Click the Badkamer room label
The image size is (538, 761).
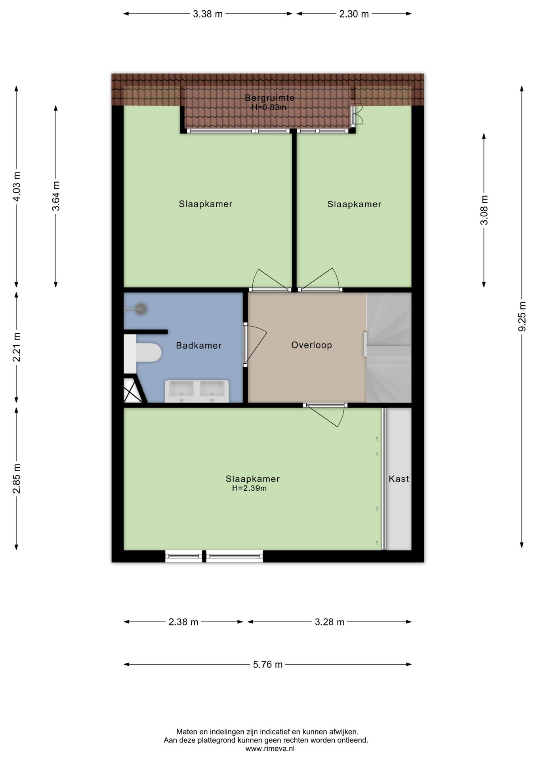click(x=198, y=346)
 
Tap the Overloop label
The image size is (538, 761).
click(x=311, y=345)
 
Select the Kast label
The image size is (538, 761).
click(x=399, y=479)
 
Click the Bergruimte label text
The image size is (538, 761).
click(x=269, y=98)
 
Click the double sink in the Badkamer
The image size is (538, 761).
click(x=197, y=391)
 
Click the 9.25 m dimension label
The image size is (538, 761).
click(x=523, y=316)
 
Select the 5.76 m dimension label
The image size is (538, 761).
click(x=268, y=664)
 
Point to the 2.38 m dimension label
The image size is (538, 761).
click(x=183, y=622)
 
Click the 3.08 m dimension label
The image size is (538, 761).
click(x=484, y=210)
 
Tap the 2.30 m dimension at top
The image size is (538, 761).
click(x=354, y=14)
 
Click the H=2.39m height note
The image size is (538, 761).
click(x=249, y=488)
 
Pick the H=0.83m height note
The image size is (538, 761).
click(x=269, y=107)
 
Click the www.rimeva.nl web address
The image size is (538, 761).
click(x=270, y=749)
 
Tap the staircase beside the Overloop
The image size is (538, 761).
click(x=389, y=348)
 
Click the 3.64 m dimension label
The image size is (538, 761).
click(x=56, y=196)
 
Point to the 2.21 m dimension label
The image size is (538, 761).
click(x=17, y=347)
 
